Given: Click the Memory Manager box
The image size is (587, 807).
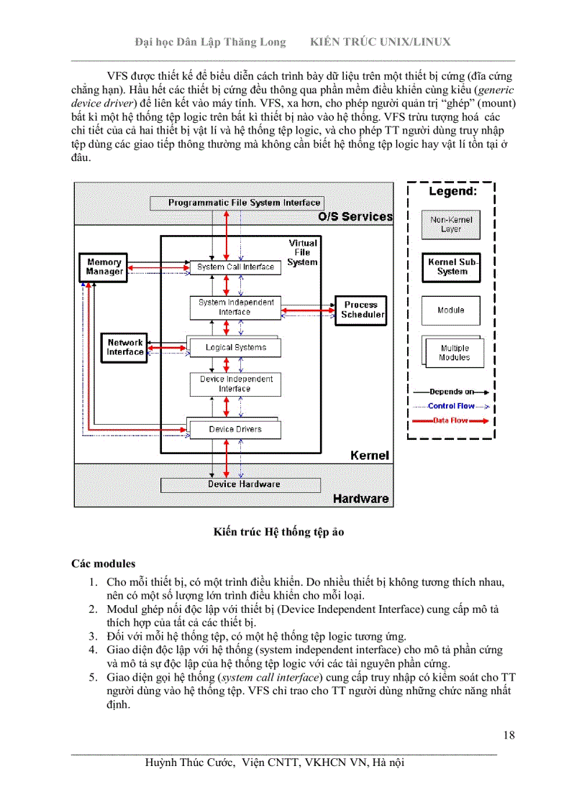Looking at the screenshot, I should (104, 267).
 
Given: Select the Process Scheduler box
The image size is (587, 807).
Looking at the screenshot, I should (360, 310).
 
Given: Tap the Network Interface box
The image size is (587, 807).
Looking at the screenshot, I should (125, 347).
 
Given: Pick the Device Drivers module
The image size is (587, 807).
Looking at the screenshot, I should (235, 429).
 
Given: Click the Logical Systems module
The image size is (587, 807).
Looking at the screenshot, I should (235, 348).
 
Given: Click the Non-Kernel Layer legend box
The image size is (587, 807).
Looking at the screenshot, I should (451, 224).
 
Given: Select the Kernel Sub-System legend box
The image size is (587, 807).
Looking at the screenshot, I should (452, 267).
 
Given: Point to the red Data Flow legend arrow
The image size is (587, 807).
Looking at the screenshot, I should (451, 420).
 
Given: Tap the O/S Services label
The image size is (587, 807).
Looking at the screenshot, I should (355, 216).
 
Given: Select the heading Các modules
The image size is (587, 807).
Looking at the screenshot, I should (103, 563).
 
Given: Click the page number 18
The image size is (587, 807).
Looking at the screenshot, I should (509, 734).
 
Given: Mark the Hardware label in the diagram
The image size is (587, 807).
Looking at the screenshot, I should (360, 498).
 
